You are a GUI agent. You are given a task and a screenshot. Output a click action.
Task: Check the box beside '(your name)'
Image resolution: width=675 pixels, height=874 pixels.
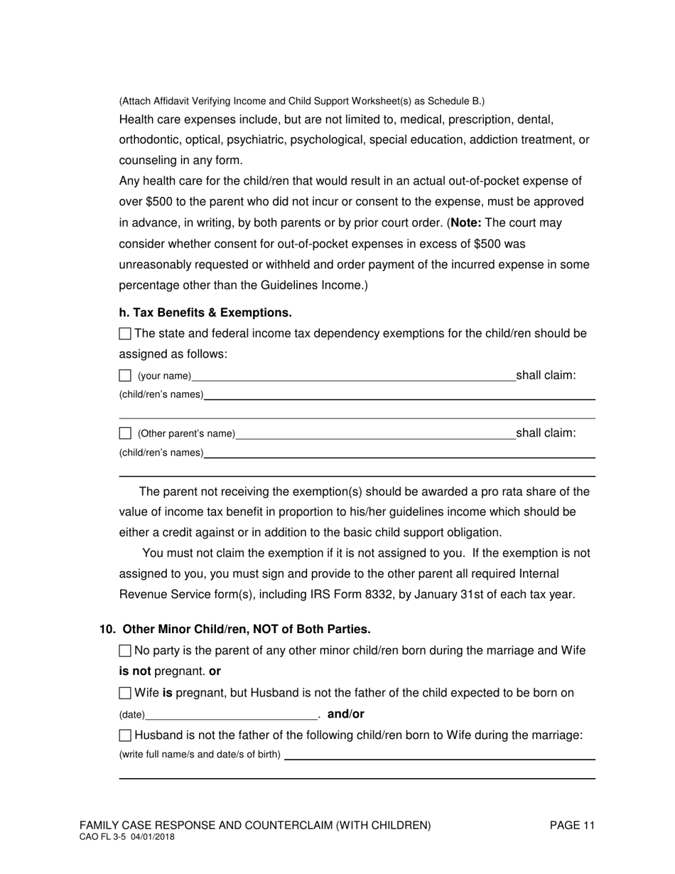125,376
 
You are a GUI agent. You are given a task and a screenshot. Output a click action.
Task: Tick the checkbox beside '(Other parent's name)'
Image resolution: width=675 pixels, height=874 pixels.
125,433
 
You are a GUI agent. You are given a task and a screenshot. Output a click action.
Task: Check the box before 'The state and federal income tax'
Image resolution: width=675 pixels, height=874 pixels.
125,333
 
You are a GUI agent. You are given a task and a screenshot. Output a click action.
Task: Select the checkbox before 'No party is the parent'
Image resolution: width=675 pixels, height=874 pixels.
125,650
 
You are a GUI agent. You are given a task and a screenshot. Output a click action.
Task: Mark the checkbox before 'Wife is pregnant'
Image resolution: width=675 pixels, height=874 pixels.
125,693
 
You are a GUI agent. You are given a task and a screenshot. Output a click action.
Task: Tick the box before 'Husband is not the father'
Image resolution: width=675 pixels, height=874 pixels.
125,735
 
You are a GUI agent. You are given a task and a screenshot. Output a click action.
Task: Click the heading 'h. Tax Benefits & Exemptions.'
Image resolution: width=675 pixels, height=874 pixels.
205,313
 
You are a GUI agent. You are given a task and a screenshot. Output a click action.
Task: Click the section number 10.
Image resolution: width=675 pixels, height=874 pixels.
107,630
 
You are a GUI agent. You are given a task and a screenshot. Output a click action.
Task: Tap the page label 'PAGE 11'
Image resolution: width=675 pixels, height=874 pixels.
572,825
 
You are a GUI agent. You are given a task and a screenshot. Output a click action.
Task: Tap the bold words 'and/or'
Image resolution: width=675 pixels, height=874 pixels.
345,714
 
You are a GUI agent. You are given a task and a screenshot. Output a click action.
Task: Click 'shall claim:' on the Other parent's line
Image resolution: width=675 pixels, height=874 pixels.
546,433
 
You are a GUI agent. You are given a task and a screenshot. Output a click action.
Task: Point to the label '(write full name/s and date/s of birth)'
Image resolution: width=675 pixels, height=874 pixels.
200,755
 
